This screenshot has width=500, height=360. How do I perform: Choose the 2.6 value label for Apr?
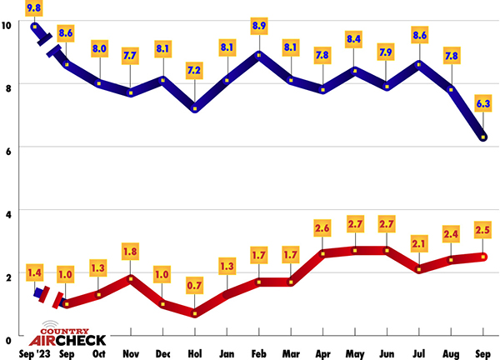pos(324,227)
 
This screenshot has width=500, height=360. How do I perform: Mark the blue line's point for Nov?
pos(131,92)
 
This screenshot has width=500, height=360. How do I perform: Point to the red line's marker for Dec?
pos(163,303)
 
